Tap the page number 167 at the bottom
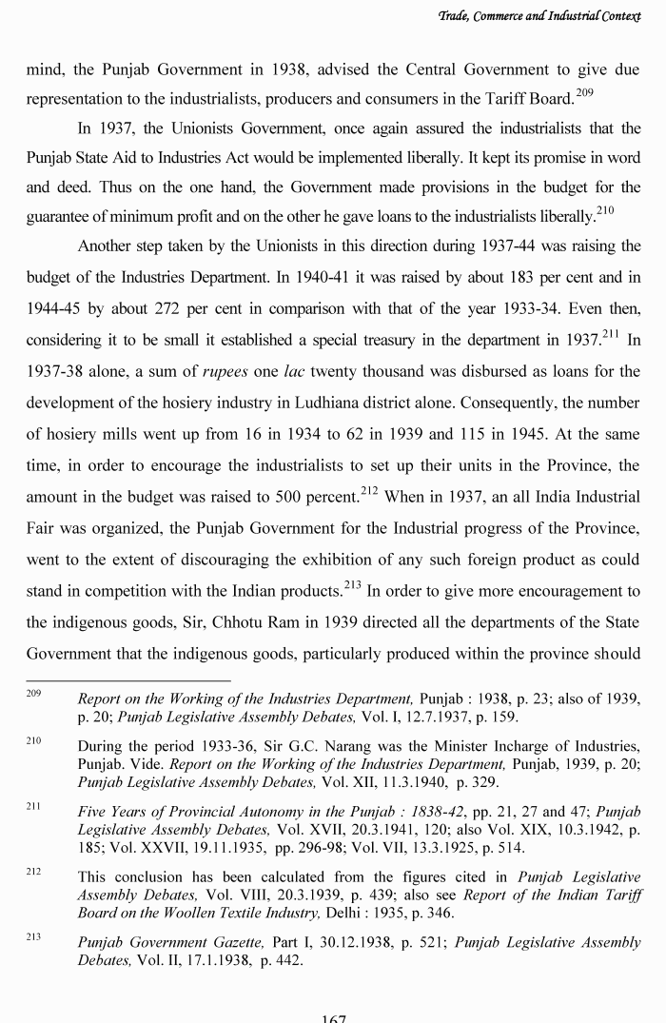[x=333, y=1017]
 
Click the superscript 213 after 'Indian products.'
[x=354, y=583]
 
